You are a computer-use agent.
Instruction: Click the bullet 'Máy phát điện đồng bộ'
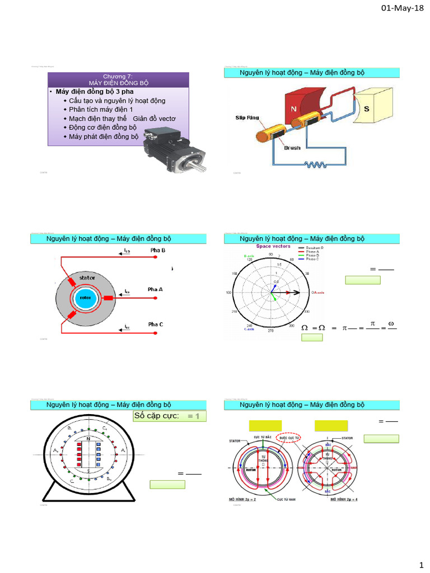(x=104, y=137)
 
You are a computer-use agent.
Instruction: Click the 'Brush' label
(x=292, y=148)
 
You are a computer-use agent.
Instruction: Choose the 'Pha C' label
(x=156, y=324)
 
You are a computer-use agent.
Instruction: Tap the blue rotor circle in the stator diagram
(x=86, y=298)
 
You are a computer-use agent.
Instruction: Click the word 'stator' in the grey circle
(x=87, y=277)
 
